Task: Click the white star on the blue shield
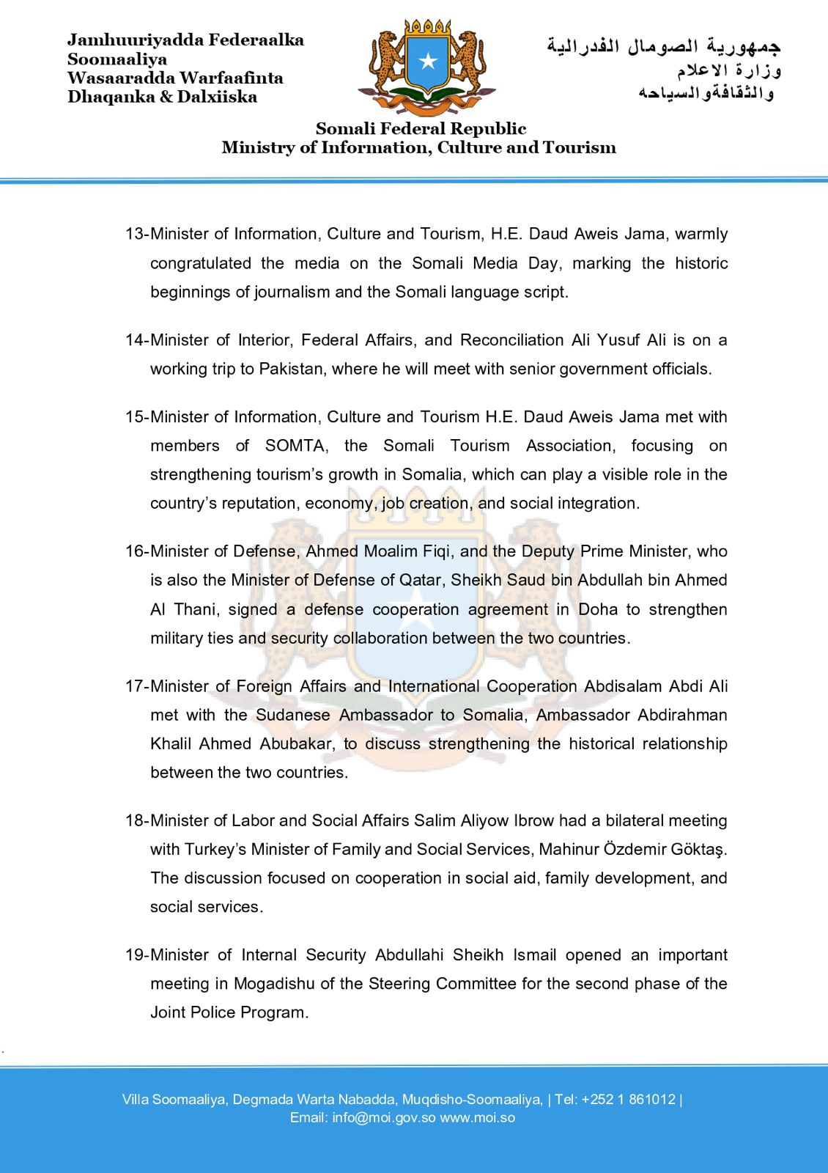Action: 428,61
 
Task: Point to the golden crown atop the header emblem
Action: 428,27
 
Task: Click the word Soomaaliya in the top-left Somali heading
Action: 117,59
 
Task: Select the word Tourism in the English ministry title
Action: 580,147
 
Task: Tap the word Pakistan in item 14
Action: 291,369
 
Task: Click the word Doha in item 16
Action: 598,609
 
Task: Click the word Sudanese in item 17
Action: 292,715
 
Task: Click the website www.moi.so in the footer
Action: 477,1118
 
